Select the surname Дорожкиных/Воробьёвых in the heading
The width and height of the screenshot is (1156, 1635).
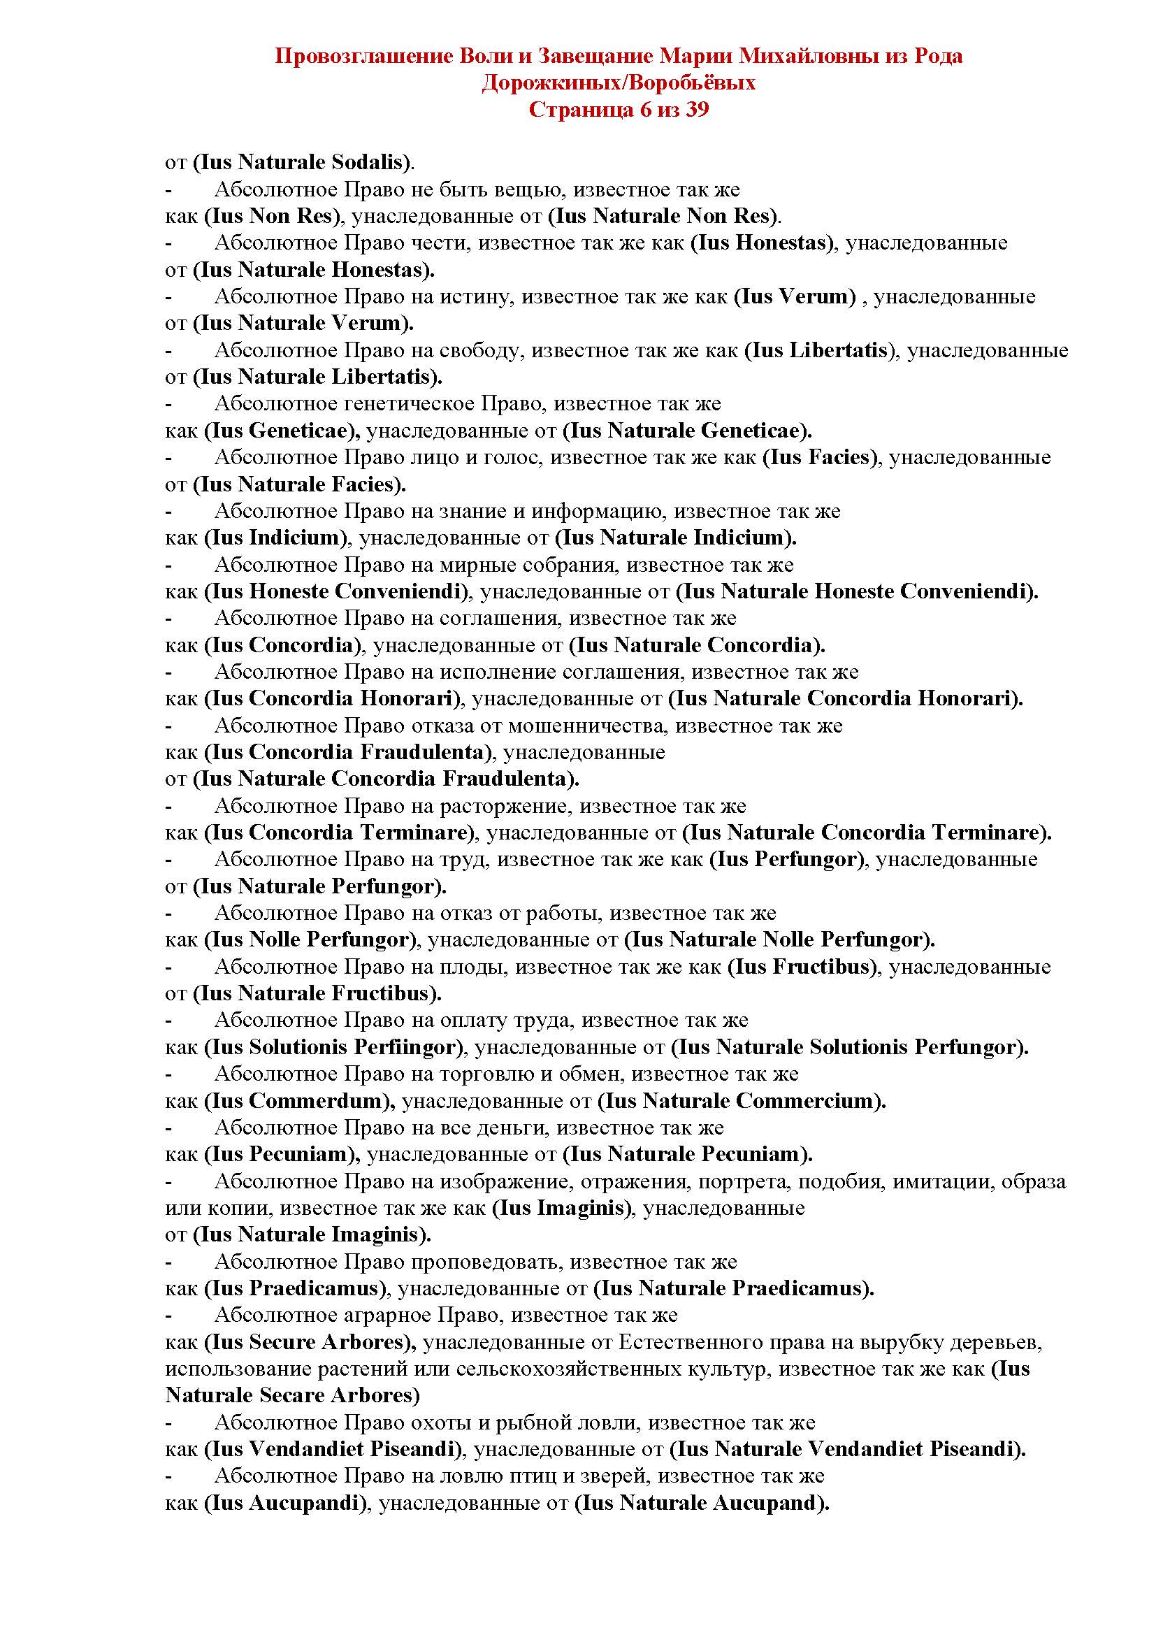[x=618, y=83]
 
